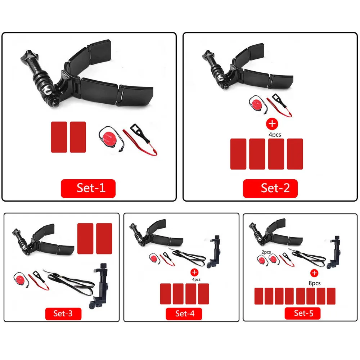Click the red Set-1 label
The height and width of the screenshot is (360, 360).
pyautogui.click(x=88, y=188)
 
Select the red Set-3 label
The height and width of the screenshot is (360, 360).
pyautogui.click(x=63, y=313)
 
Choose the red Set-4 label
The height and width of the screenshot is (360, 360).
pyautogui.click(x=185, y=313)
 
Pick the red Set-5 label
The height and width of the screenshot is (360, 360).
pyautogui.click(x=303, y=313)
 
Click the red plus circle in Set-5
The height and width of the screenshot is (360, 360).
pyautogui.click(x=314, y=273)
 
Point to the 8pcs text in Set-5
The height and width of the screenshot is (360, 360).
pyautogui.click(x=314, y=283)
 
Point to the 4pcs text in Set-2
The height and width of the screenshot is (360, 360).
pyautogui.click(x=274, y=135)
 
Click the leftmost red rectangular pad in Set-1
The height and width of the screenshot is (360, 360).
pyautogui.click(x=59, y=137)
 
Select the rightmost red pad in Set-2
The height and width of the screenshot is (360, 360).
pyautogui.click(x=295, y=154)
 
